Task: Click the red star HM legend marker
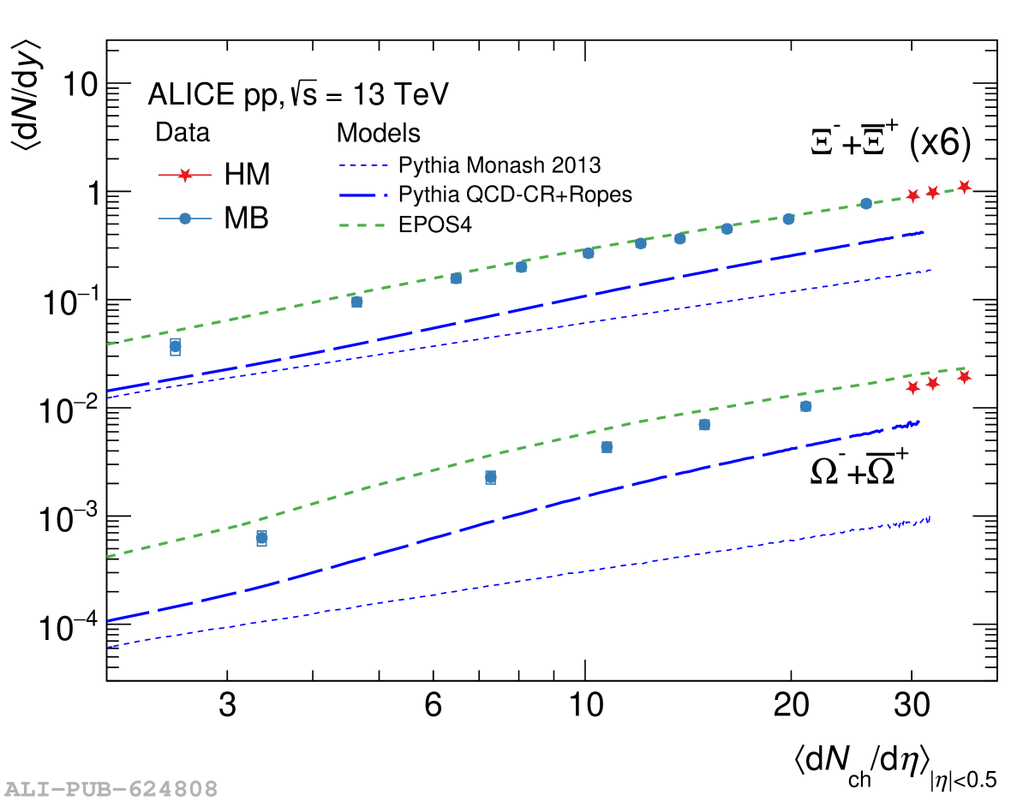(182, 175)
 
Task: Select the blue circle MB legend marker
(182, 219)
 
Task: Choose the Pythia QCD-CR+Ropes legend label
(516, 194)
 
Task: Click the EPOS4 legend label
(436, 224)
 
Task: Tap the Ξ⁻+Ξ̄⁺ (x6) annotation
(891, 143)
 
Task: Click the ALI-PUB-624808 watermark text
(111, 788)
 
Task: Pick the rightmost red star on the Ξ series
(964, 187)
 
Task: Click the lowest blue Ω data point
(261, 538)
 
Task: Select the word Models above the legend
(378, 133)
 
